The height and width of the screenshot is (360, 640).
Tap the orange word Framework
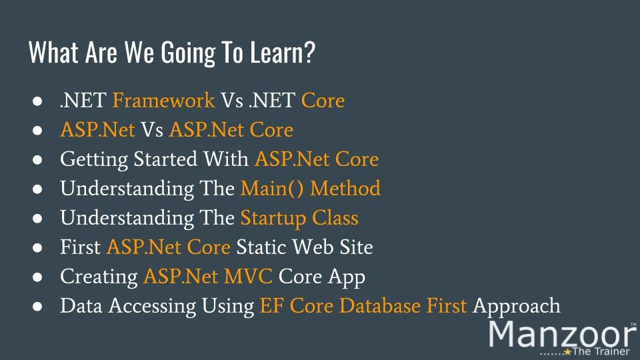coord(164,100)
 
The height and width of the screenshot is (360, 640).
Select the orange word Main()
coord(272,189)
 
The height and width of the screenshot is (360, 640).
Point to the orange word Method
coord(345,189)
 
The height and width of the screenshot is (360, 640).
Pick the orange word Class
coord(335,217)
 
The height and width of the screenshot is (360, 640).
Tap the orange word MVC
coord(248,276)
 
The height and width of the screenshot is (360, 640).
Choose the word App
coord(347,277)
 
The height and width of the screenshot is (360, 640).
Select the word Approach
coord(516,307)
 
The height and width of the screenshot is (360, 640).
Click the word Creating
coord(99,277)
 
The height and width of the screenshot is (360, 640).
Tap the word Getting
coord(94,159)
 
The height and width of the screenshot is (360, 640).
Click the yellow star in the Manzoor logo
coord(567,351)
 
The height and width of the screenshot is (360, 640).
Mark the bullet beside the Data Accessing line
coord(37,306)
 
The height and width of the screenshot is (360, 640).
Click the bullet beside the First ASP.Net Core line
coord(37,247)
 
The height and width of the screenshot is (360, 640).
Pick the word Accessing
coord(152,307)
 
